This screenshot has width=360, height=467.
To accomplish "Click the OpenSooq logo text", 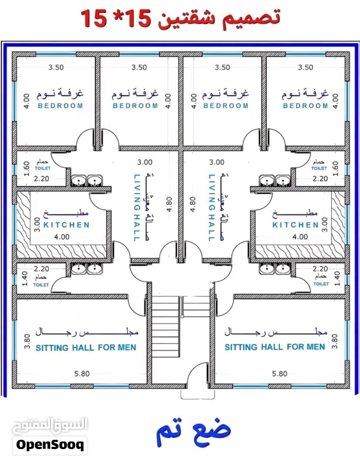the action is pyautogui.click(x=50, y=445).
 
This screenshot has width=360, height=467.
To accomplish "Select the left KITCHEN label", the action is pyautogui.click(x=66, y=225).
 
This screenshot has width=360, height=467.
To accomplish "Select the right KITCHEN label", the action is pyautogui.click(x=296, y=225).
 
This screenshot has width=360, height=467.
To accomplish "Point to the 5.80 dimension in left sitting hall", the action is pyautogui.click(x=82, y=373).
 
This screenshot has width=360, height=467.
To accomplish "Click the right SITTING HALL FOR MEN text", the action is pyautogui.click(x=275, y=347).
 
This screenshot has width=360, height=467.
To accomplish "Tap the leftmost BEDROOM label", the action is pyautogui.click(x=60, y=106).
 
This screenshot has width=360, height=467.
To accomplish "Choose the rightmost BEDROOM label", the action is pyautogui.click(x=305, y=106).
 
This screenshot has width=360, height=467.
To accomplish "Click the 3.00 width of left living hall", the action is pyautogui.click(x=145, y=162).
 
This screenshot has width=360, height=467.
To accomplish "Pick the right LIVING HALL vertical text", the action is pyautogui.click(x=211, y=208).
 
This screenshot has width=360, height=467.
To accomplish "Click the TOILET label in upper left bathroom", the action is pyautogui.click(x=43, y=169).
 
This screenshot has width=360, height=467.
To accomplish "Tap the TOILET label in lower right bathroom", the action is pyautogui.click(x=321, y=284).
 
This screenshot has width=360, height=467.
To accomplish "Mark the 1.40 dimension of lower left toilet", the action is pyautogui.click(x=25, y=278).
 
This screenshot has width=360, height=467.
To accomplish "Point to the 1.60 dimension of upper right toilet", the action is pyautogui.click(x=335, y=169).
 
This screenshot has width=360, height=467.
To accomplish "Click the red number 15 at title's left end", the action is pyautogui.click(x=94, y=18).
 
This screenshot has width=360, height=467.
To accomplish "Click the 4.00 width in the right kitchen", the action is pyautogui.click(x=300, y=237).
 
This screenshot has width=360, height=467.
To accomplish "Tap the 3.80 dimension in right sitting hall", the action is pyautogui.click(x=334, y=341).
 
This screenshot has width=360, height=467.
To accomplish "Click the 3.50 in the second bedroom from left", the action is pyautogui.click(x=139, y=68).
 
